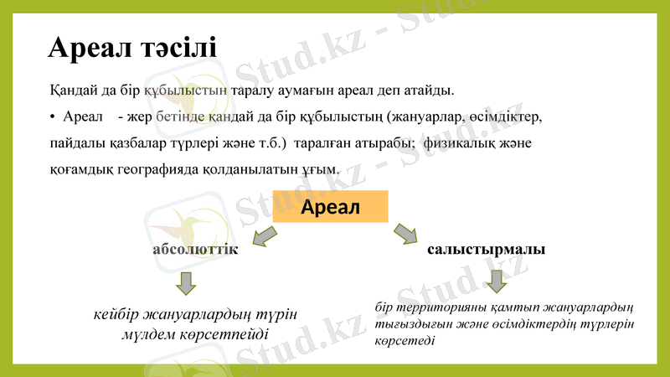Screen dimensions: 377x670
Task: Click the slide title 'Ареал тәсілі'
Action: click(x=132, y=47)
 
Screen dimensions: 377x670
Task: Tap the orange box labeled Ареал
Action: click(x=331, y=207)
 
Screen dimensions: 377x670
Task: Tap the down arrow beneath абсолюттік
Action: click(x=186, y=283)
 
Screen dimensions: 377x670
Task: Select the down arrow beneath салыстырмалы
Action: click(x=497, y=281)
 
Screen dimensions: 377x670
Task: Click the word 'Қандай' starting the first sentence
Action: click(x=71, y=88)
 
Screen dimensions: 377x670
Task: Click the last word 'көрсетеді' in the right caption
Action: click(x=405, y=342)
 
